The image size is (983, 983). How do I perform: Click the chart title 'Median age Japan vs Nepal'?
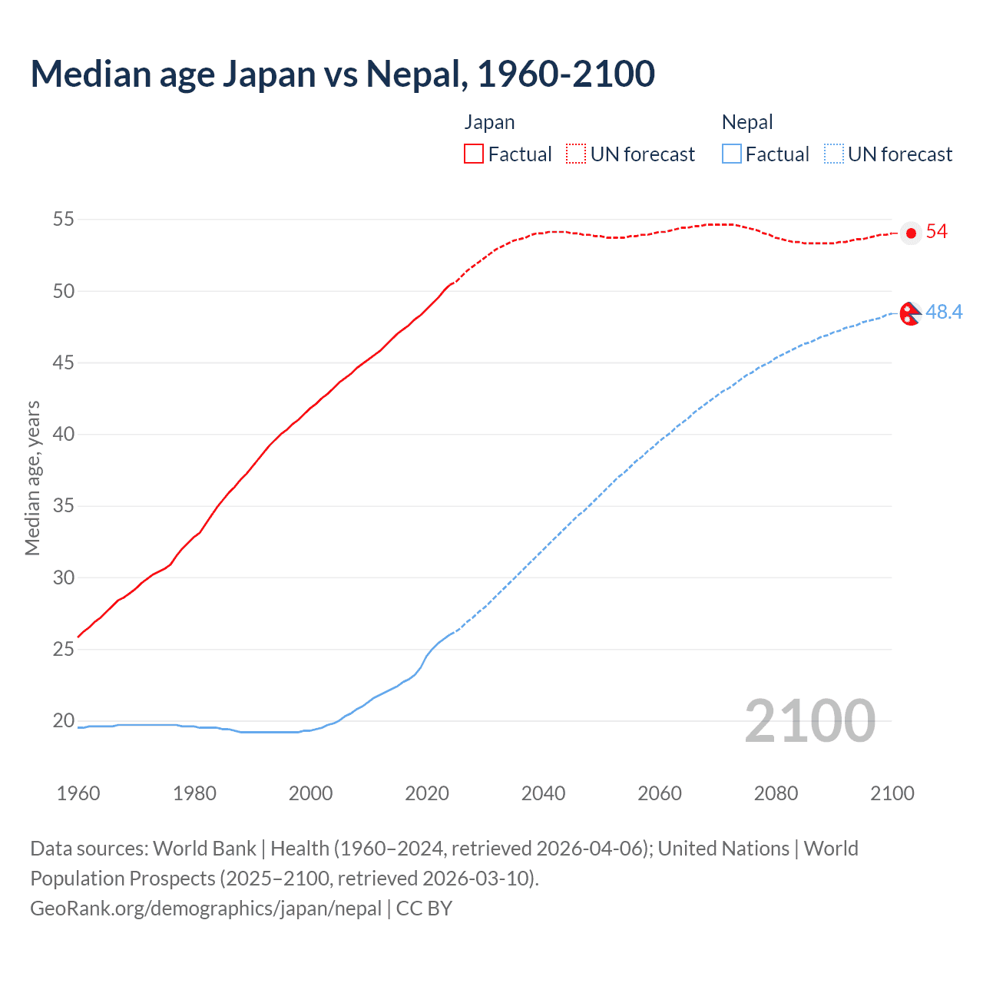[343, 74]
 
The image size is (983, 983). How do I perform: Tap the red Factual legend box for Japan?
[474, 154]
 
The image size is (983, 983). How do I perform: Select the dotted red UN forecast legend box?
[576, 154]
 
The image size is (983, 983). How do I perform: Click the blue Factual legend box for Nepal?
[732, 154]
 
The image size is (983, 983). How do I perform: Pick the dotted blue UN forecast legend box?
[833, 154]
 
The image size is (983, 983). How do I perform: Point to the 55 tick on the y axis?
[64, 220]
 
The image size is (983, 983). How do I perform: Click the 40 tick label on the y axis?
[64, 435]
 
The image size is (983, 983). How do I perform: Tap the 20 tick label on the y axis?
[64, 720]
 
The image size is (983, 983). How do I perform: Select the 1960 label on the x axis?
[78, 793]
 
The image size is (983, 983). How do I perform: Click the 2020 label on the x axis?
[427, 793]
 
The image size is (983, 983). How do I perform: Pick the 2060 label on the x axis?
[660, 793]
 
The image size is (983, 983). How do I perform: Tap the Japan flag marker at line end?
[911, 233]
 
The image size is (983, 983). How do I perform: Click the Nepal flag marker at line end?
[910, 313]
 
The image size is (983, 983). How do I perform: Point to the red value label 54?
[937, 232]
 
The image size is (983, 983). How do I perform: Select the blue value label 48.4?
[944, 313]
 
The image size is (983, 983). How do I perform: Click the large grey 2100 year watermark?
[809, 721]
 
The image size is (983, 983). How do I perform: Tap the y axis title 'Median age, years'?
[32, 478]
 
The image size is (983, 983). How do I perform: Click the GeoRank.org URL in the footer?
[206, 909]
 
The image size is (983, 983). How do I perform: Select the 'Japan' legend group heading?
[489, 122]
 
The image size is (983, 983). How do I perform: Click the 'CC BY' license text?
[424, 909]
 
